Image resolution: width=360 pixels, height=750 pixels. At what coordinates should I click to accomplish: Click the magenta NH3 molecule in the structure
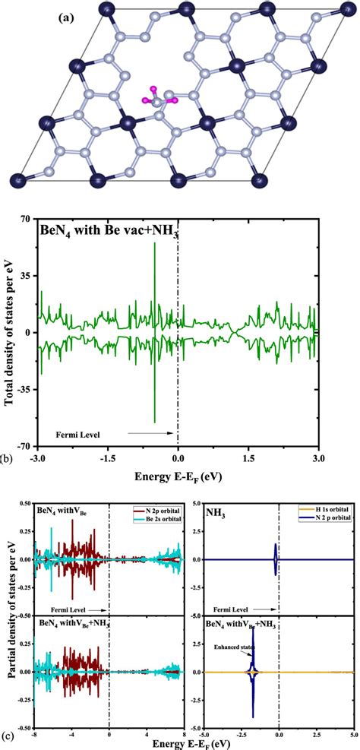pyautogui.click(x=156, y=98)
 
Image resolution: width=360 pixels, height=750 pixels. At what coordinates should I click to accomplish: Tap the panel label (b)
pyautogui.click(x=5, y=459)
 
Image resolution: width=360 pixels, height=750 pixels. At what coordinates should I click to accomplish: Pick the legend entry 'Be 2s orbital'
pyautogui.click(x=159, y=523)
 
